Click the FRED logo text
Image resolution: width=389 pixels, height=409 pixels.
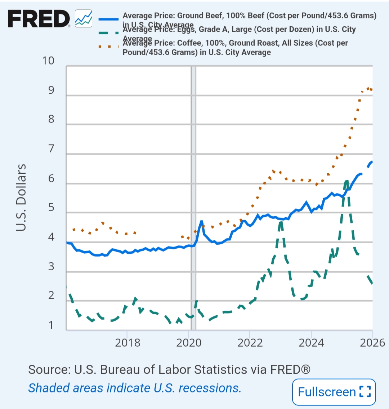click(x=39, y=19)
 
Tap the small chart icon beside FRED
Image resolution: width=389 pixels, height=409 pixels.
click(x=84, y=19)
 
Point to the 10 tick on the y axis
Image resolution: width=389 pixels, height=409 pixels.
click(x=48, y=61)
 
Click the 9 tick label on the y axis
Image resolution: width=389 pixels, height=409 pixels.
click(x=51, y=90)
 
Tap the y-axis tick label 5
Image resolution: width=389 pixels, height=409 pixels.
click(x=51, y=207)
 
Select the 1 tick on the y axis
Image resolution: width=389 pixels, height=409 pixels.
click(x=51, y=325)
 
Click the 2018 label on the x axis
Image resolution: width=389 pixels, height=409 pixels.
click(x=128, y=342)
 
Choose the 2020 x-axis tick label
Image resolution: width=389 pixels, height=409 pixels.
click(x=189, y=342)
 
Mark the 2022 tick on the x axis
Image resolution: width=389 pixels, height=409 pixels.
click(x=250, y=342)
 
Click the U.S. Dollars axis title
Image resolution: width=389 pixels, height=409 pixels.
click(x=21, y=197)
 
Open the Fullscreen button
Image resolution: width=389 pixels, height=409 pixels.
click(x=334, y=392)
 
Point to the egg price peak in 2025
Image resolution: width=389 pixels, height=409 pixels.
click(x=346, y=181)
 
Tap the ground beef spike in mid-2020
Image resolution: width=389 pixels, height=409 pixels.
click(x=201, y=222)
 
